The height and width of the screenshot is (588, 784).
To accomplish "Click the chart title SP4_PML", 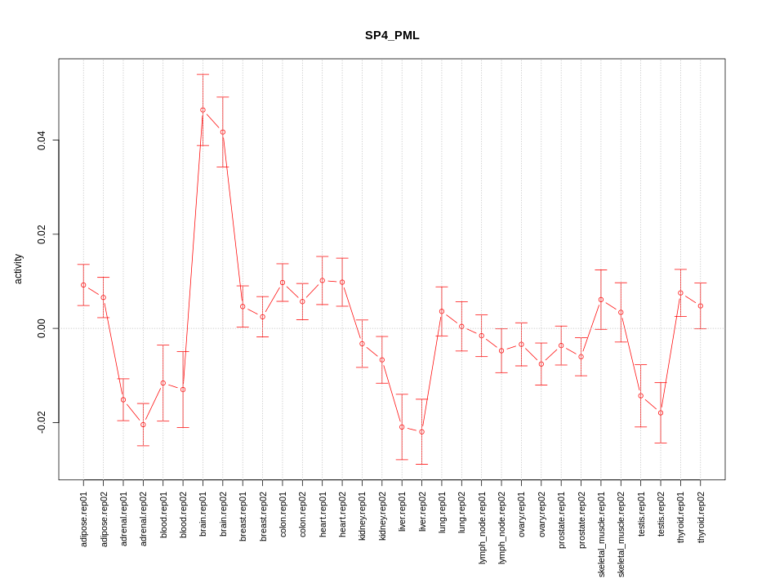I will (x=392, y=36).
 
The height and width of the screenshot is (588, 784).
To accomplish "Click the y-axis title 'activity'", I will (x=19, y=269).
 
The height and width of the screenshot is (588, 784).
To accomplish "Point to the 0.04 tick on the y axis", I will (x=41, y=140).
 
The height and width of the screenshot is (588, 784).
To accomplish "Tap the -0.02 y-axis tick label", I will (x=41, y=422).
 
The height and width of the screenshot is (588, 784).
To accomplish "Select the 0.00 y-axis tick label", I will (x=41, y=328).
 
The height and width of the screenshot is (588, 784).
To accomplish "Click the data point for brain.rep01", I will (x=203, y=109).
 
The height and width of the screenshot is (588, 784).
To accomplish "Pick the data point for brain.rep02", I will (x=222, y=131).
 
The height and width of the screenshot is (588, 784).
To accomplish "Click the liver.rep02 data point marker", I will (x=421, y=431).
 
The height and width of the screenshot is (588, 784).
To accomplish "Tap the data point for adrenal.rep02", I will (x=143, y=425).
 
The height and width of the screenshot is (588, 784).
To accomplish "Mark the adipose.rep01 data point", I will (x=83, y=285).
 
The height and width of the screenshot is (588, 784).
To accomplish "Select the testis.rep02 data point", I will (x=661, y=412).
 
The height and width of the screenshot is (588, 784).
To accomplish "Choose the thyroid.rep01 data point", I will (x=680, y=292).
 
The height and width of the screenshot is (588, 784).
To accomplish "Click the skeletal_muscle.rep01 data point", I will (x=601, y=300).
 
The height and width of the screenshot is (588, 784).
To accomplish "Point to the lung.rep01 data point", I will (x=442, y=311).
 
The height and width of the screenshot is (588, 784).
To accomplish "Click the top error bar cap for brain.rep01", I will (x=203, y=74).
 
